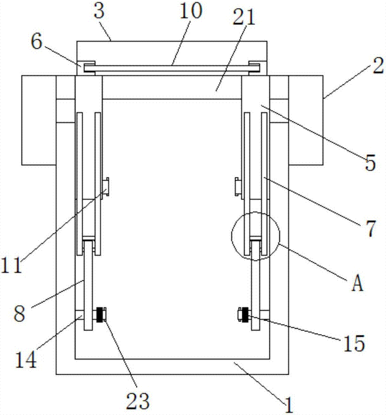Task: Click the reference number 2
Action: click(x=377, y=66)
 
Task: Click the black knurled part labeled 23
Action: click(x=100, y=315)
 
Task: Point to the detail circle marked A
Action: click(x=256, y=236)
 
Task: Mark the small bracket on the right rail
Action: click(x=238, y=186)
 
